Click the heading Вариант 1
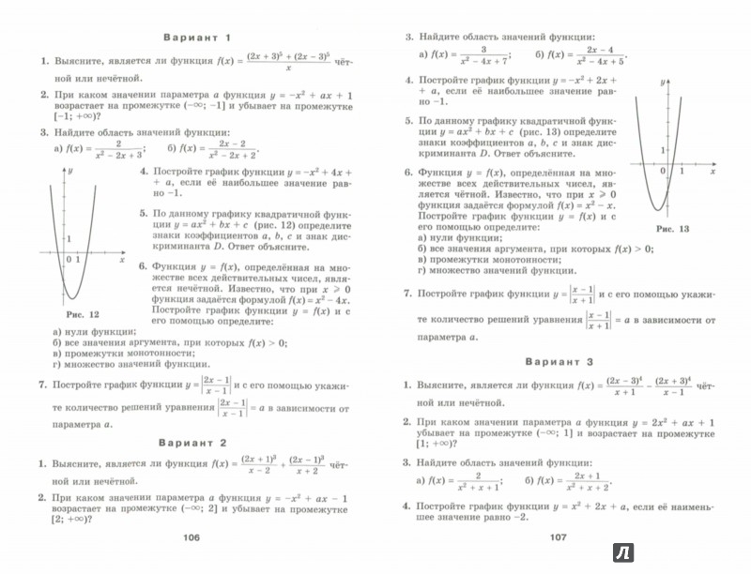[x=196, y=38]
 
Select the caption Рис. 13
[x=672, y=229]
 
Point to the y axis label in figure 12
[x=71, y=174]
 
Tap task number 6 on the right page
[x=406, y=174]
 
